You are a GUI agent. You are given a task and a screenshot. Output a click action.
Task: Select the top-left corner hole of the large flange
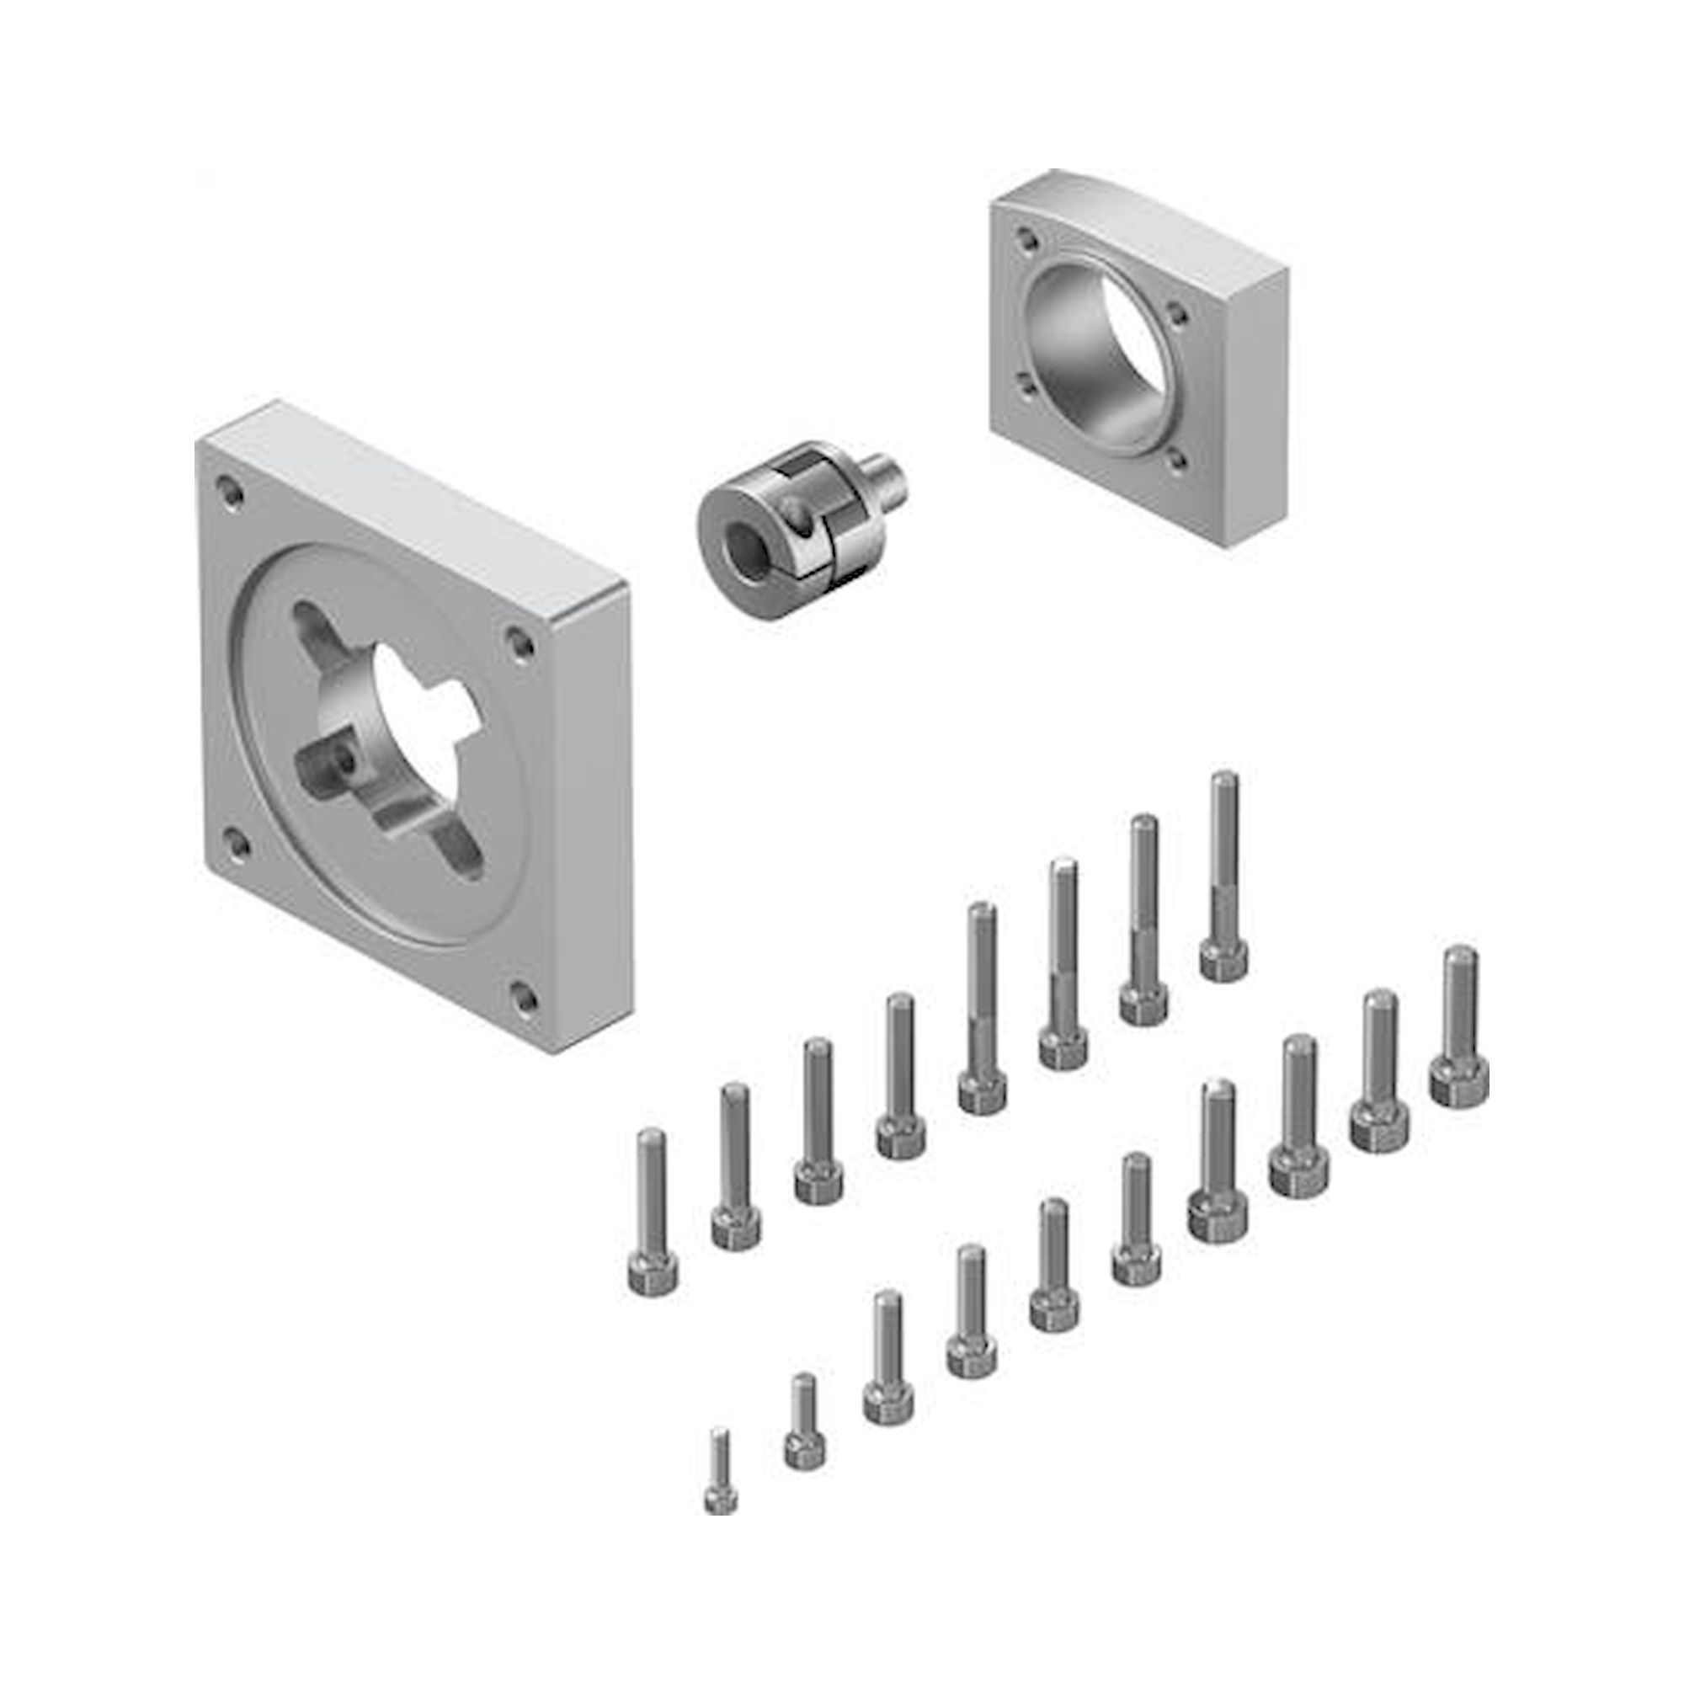point(228,488)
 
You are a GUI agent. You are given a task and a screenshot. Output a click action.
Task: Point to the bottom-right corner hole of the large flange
point(521,995)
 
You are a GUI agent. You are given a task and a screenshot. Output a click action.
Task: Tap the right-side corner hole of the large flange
point(520,643)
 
